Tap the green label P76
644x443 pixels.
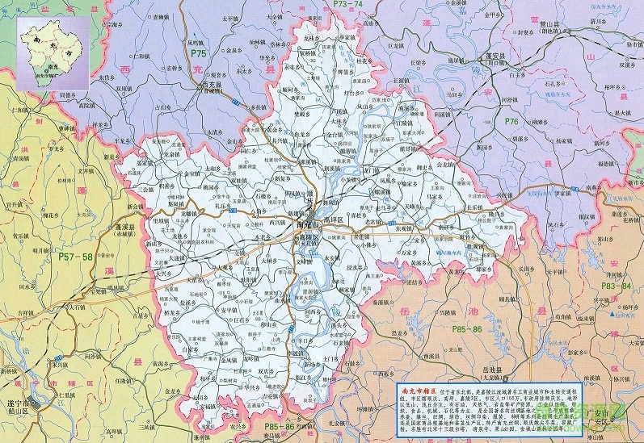(x=511, y=121)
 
